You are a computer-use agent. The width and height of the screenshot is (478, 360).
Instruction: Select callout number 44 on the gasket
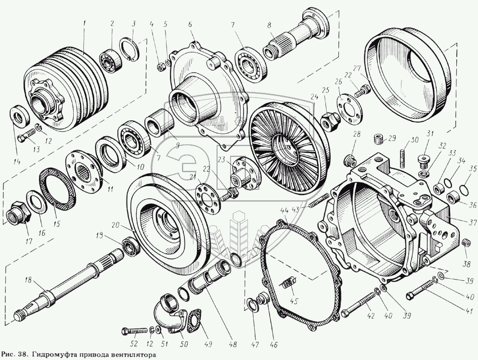284,210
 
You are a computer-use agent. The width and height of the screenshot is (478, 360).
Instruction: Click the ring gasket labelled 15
53,193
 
